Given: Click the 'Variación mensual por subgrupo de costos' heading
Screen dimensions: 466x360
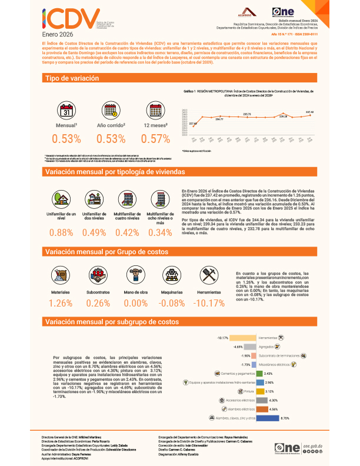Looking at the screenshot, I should (x=111, y=322).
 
